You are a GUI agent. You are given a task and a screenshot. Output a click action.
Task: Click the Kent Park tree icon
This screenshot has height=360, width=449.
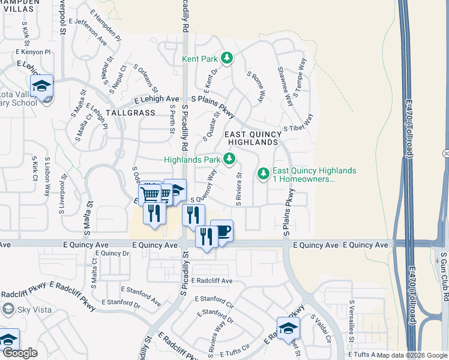[x=227, y=58]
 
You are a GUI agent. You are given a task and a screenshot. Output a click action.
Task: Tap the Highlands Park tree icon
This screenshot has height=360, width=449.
[x=229, y=159]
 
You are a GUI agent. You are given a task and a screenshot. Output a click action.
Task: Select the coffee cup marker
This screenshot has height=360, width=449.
[x=222, y=231]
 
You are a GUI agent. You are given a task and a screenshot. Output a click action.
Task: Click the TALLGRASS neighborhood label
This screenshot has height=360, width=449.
[x=130, y=113]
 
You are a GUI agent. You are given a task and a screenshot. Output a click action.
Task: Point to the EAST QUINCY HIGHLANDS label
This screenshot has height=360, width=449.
[x=252, y=138]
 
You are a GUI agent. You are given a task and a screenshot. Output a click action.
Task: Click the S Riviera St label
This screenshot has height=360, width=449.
[x=238, y=190]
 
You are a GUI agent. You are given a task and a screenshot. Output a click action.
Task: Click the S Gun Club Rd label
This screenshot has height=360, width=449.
[x=444, y=275]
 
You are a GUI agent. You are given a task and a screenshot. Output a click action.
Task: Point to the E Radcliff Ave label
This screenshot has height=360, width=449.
[x=212, y=281]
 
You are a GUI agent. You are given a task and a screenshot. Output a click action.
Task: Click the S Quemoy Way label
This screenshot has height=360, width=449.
[x=203, y=187]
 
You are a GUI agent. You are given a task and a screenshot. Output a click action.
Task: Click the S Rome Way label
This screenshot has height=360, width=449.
[x=256, y=86]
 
